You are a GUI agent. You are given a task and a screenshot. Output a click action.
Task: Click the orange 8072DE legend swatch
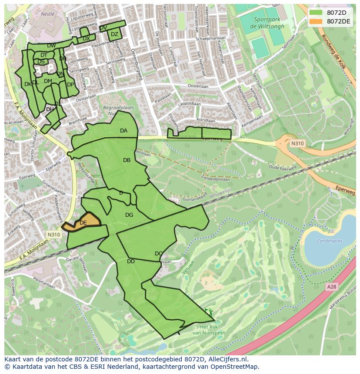click(x=316, y=21)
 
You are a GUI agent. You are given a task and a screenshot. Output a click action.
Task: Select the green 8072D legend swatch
click(x=316, y=12)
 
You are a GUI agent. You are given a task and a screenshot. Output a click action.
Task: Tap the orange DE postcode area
click(x=83, y=222)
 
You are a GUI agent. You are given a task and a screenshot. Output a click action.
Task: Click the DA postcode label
click(x=124, y=131)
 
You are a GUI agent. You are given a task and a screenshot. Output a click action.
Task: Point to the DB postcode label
click(x=127, y=160)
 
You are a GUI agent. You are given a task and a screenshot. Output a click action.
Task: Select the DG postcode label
click(x=129, y=215)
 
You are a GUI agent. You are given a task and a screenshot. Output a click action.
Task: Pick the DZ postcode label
click(x=114, y=34)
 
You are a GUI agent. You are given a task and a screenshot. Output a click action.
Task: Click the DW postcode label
click(x=51, y=46)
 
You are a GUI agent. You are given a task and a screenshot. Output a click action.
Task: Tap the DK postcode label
click(x=28, y=84)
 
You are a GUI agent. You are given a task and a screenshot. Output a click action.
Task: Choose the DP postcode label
click(x=70, y=85)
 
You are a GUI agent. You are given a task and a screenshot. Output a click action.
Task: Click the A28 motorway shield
click(x=332, y=287)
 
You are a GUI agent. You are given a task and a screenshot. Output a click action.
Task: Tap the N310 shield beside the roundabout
click(x=298, y=143)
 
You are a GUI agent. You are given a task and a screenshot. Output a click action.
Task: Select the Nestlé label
click(x=47, y=14)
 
